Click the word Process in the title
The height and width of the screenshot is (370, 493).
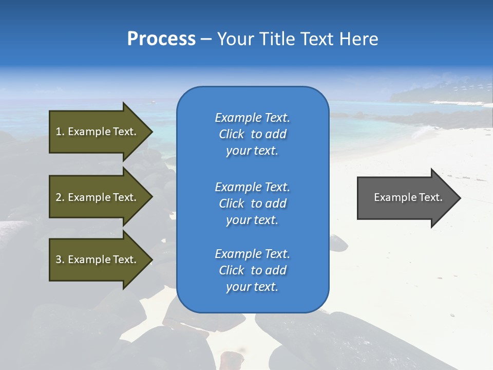tap(161, 39)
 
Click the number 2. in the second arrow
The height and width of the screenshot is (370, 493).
tap(60, 197)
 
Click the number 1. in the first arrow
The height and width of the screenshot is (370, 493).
tap(60, 132)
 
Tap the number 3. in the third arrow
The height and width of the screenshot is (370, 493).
tap(60, 260)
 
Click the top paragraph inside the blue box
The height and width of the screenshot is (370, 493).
tap(252, 134)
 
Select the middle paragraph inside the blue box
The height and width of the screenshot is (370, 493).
tap(252, 203)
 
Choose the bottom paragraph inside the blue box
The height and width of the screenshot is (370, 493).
tap(252, 270)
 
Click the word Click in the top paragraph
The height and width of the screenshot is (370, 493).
tap(231, 134)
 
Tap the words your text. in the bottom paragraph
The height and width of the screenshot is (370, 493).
tap(252, 287)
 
